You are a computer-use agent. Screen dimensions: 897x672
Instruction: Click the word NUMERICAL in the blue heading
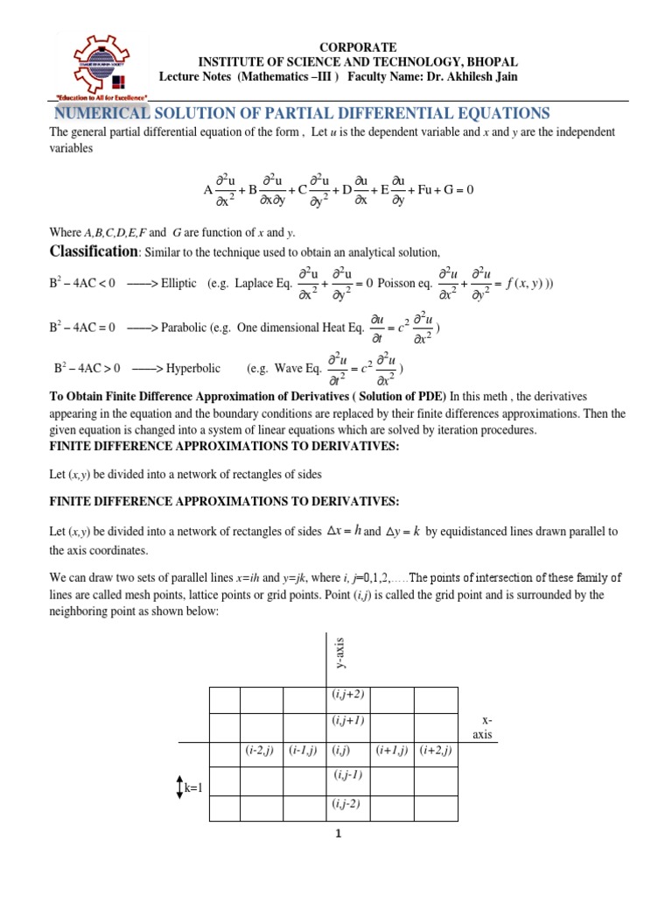pos(103,114)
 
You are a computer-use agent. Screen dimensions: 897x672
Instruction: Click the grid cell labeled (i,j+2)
pos(348,695)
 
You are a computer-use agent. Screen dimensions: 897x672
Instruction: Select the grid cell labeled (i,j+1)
pos(348,721)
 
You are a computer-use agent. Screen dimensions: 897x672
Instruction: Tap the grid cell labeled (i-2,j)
pos(262,751)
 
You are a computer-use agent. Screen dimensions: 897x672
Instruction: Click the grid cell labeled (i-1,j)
pos(304,751)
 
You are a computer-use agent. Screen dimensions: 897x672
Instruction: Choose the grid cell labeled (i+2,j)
pos(435,751)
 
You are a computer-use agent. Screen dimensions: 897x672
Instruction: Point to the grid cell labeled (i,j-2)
pos(348,803)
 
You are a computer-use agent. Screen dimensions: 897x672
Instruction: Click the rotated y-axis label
pos(340,652)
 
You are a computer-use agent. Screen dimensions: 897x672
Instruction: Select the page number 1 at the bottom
pos(337,834)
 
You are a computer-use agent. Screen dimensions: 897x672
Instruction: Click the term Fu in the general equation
pos(426,188)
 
